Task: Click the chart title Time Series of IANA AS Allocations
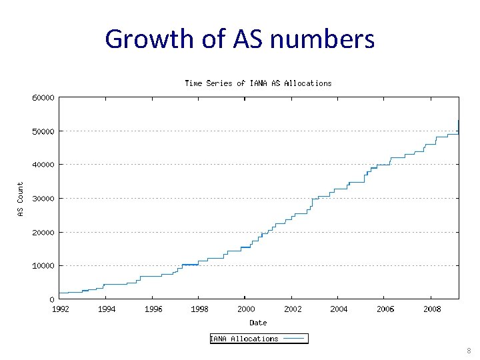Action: click(x=258, y=83)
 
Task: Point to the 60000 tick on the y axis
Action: click(x=43, y=97)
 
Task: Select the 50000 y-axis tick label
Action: click(x=43, y=131)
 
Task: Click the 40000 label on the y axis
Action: click(x=43, y=165)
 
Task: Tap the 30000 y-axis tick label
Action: click(x=43, y=199)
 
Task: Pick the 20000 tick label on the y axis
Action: click(x=43, y=232)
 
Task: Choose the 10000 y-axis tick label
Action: click(x=43, y=266)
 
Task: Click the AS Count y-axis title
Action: click(x=20, y=199)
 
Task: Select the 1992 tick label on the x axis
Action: click(x=60, y=309)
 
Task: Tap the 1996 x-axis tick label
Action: click(x=153, y=309)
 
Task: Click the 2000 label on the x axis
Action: click(x=246, y=309)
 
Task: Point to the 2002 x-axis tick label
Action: click(x=293, y=309)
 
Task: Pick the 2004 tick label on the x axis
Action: click(x=339, y=309)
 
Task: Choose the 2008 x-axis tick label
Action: click(x=431, y=309)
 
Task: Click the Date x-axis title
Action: click(x=258, y=323)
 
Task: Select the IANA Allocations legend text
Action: click(x=245, y=339)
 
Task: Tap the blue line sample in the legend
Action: click(x=293, y=339)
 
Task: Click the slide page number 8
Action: click(x=469, y=351)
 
